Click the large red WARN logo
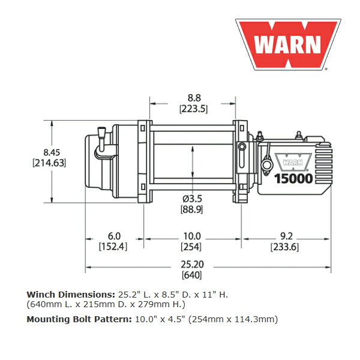point(288,44)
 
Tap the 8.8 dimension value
point(194,98)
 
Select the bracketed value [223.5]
point(194,109)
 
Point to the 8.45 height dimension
point(52,152)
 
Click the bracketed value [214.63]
point(49,163)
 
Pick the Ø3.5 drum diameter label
point(192,199)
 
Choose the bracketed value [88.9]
point(192,209)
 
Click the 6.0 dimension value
point(114,236)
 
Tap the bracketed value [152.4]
point(113,247)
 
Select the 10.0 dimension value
point(192,236)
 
